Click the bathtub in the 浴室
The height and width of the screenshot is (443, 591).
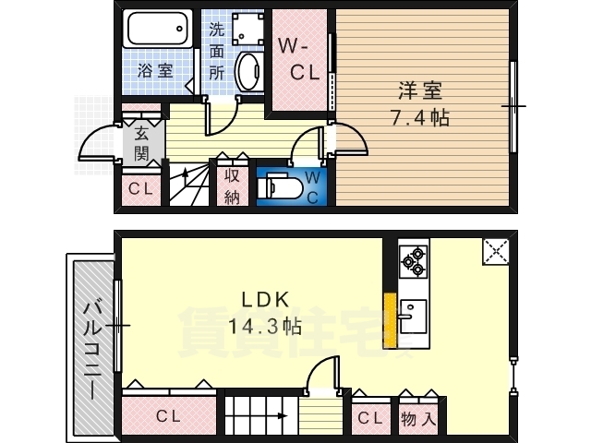[x=157, y=29]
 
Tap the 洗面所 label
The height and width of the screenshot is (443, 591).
[x=217, y=52]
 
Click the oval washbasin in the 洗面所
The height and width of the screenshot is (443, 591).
[x=248, y=71]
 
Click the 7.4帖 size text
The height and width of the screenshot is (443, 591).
[x=420, y=117]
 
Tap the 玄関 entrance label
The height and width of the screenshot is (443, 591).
[x=141, y=144]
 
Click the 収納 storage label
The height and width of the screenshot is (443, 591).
[x=232, y=186]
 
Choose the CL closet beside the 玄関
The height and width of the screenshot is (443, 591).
[x=141, y=188]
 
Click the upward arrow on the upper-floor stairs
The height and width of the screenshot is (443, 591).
[x=185, y=176]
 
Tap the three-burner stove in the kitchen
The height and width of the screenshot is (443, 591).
[x=414, y=261]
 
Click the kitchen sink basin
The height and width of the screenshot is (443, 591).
[x=413, y=317]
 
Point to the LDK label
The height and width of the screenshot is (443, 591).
[x=265, y=300]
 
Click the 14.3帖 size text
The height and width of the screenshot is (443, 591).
[x=265, y=326]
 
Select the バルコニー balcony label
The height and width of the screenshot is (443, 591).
[x=92, y=349]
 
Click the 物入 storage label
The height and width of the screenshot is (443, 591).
[x=418, y=418]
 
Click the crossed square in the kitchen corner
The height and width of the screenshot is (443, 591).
[x=496, y=251]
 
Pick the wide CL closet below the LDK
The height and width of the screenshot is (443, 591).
[x=169, y=415]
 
